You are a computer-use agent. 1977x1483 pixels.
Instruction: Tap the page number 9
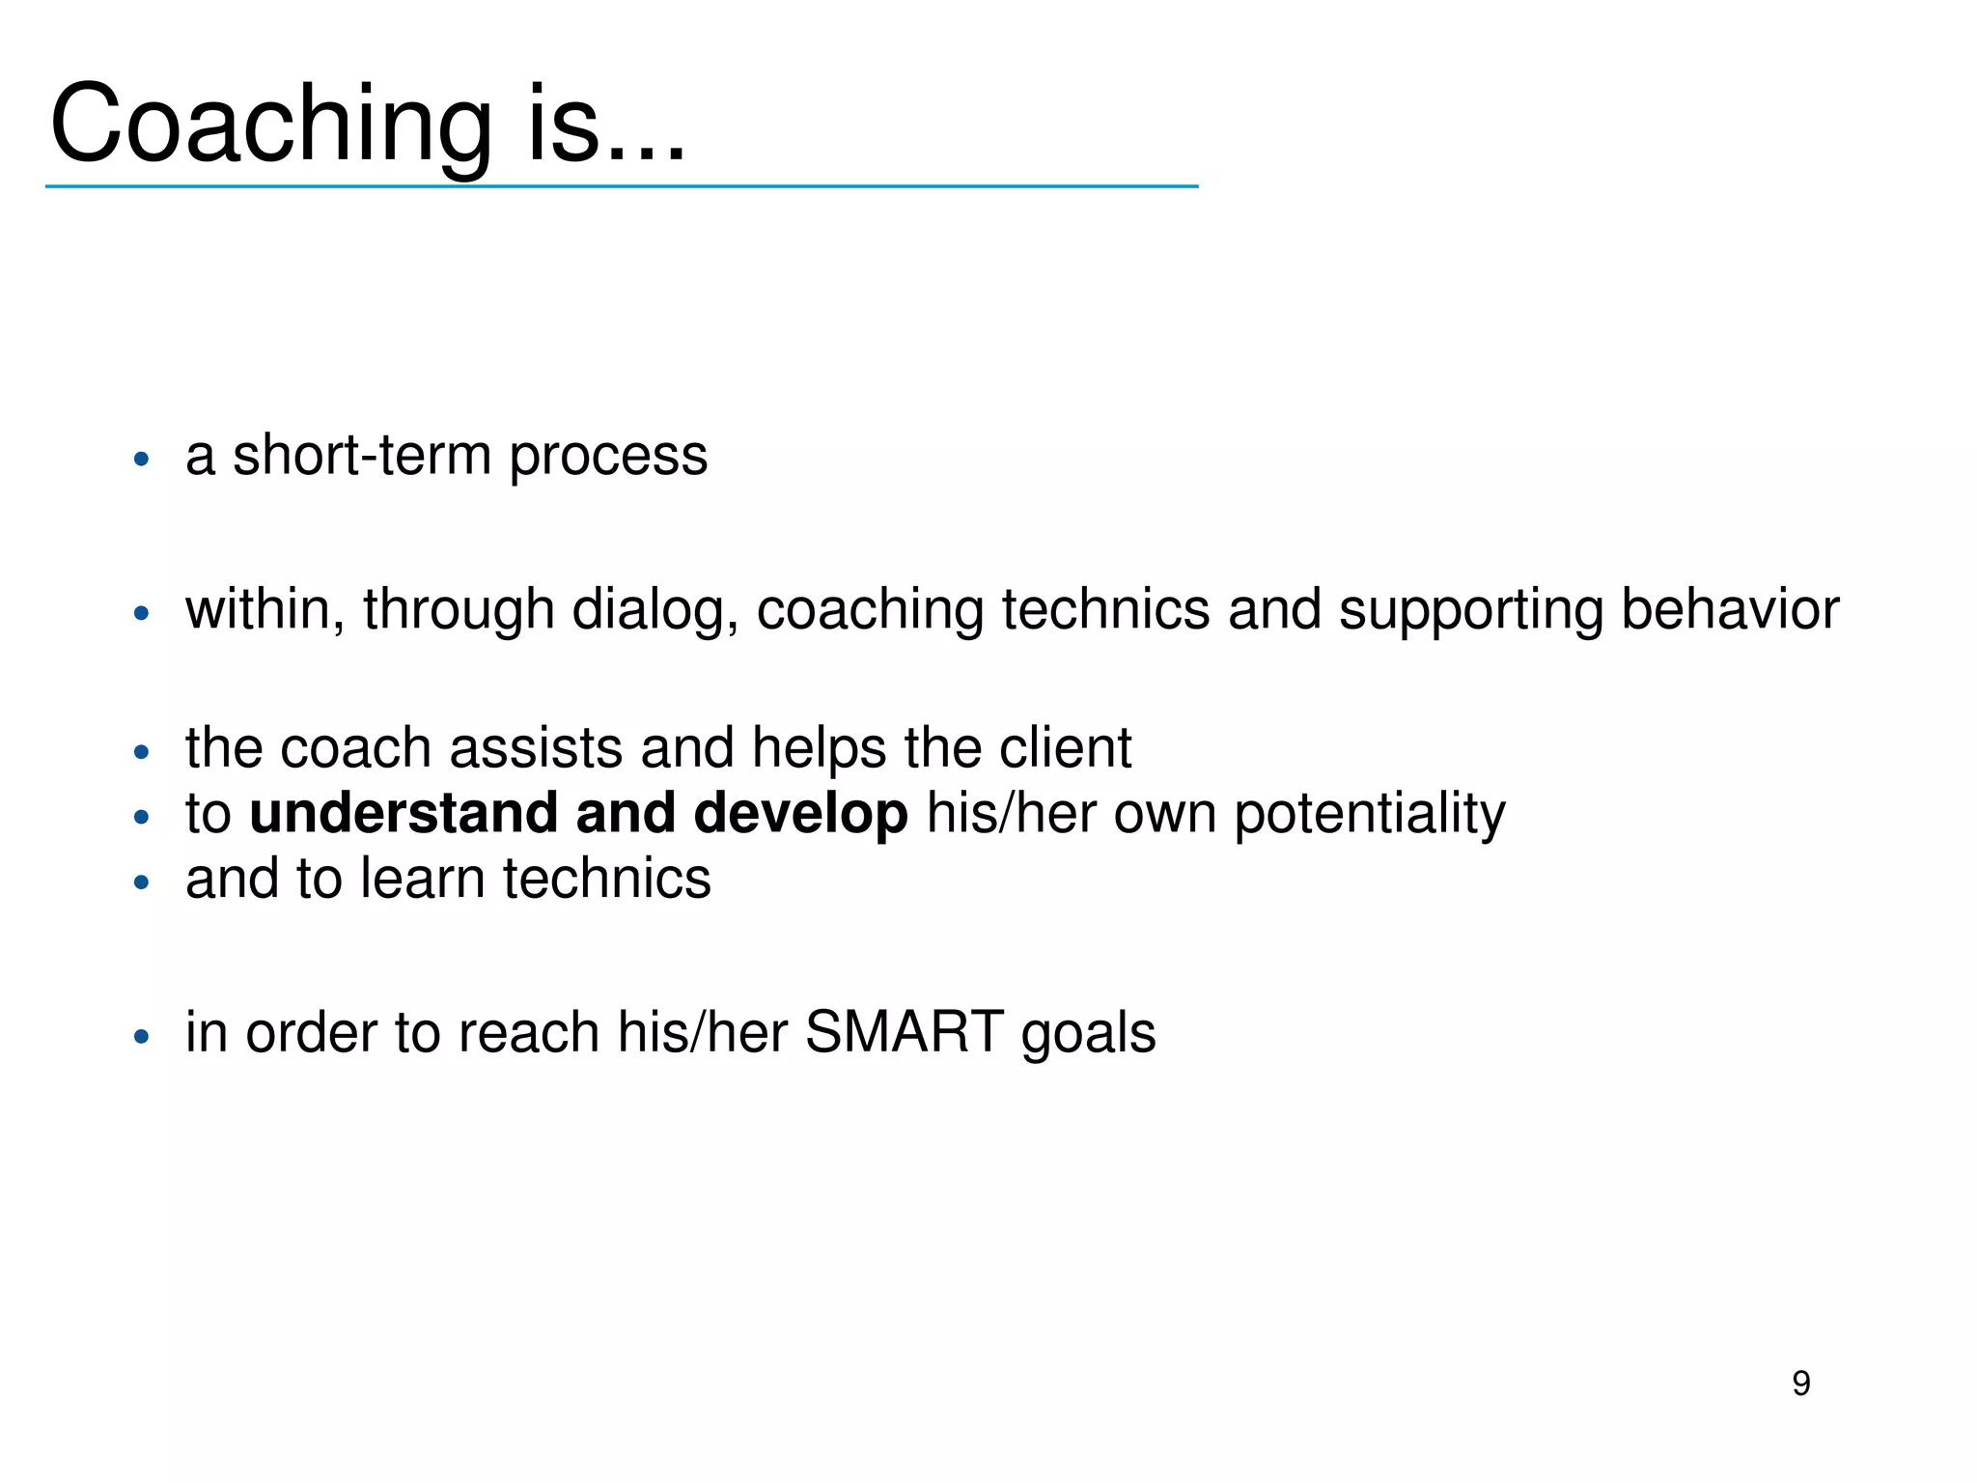[1800, 1384]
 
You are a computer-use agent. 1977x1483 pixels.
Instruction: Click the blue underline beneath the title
[622, 186]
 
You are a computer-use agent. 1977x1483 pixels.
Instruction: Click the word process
[608, 457]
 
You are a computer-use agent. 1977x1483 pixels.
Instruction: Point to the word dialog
[654, 610]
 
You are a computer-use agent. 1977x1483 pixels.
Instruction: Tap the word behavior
[1729, 609]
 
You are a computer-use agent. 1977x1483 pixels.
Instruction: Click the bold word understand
[403, 813]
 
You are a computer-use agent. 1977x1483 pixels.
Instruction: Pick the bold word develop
[800, 814]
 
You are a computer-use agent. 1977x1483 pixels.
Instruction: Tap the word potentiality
[1369, 814]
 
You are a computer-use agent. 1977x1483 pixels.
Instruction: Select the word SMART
[905, 1032]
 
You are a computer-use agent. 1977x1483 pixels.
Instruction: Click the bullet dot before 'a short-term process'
[142, 460]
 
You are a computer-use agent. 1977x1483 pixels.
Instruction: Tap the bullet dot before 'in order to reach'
[142, 1037]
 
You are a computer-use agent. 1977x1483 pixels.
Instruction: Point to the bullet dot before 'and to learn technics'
[142, 882]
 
